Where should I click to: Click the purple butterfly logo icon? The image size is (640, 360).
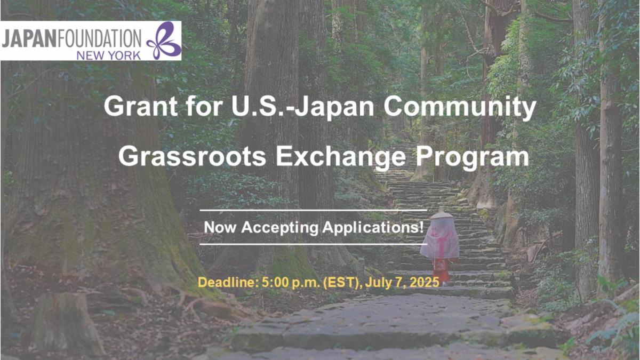(164, 41)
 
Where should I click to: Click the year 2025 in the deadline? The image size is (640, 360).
(425, 282)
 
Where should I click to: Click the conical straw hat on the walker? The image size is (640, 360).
(442, 215)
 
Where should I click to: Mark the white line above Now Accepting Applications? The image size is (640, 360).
(314, 210)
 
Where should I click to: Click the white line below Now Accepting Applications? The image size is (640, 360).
(314, 244)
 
